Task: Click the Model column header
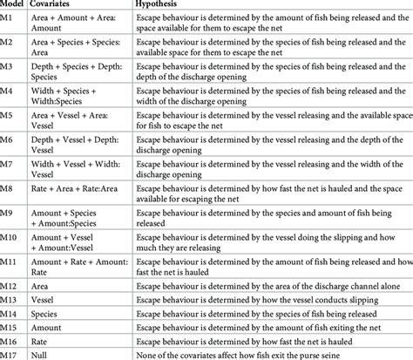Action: [15, 4]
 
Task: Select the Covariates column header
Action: [65, 4]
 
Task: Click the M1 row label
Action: [10, 20]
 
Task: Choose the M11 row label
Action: [11, 259]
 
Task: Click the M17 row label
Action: [11, 353]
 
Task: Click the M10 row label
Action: [11, 234]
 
